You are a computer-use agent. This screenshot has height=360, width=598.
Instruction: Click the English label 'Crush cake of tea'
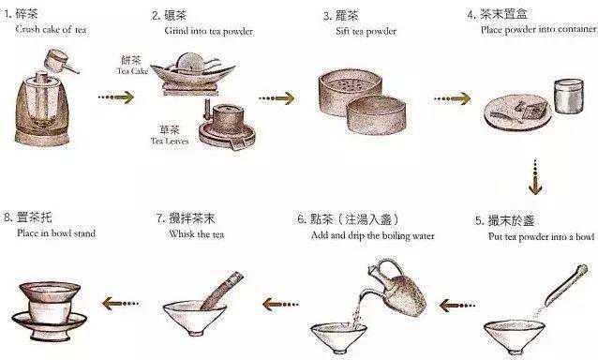51,29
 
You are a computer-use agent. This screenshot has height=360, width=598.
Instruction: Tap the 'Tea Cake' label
132,71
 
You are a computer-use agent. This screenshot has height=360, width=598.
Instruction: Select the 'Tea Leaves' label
170,141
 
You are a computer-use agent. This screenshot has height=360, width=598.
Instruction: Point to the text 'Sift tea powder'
366,31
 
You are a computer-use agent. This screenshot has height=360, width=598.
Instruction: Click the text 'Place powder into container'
539,29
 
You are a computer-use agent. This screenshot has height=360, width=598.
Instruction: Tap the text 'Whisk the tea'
197,233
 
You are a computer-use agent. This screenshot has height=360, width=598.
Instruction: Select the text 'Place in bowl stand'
56,233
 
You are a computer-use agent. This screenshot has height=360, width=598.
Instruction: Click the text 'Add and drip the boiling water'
373,235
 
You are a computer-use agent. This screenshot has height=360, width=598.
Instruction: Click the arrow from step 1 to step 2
116,97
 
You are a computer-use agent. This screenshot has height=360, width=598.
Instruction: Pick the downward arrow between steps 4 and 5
535,177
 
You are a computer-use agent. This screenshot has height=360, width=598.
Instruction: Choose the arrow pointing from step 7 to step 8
121,304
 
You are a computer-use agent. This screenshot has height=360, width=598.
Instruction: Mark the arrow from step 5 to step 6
456,306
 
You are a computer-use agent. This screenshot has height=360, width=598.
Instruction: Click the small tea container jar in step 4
569,96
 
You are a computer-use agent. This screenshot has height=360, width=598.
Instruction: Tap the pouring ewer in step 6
399,288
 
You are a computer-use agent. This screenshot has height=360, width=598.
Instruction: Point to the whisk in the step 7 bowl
222,290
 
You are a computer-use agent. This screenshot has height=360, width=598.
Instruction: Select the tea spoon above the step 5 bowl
566,285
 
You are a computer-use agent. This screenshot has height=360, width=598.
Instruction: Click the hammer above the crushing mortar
61,62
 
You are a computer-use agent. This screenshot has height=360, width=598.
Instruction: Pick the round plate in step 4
517,112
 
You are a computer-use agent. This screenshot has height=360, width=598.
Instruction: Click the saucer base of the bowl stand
50,322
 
